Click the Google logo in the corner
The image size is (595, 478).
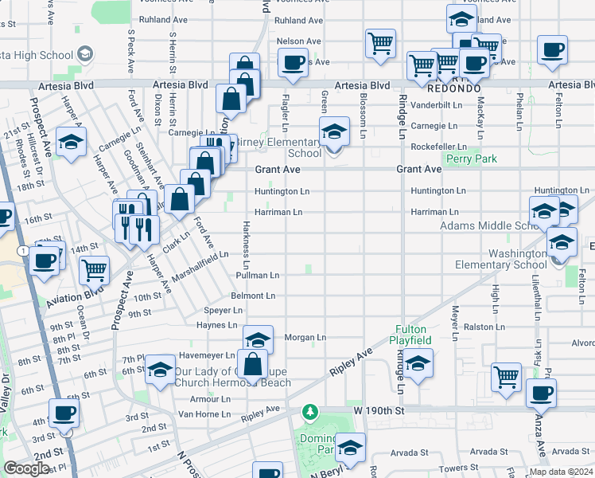coord(26,468)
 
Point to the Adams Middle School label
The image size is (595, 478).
coord(487,225)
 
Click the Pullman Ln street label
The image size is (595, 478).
coord(257,275)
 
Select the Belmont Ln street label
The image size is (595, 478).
coord(253,296)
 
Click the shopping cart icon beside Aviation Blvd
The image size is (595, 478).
coord(95,271)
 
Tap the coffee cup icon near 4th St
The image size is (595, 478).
coord(64,413)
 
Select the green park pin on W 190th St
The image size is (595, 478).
coord(309,412)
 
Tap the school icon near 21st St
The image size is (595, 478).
coord(72,143)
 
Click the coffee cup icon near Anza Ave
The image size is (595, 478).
coord(542,393)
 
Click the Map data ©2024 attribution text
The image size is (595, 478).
coord(560,472)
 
